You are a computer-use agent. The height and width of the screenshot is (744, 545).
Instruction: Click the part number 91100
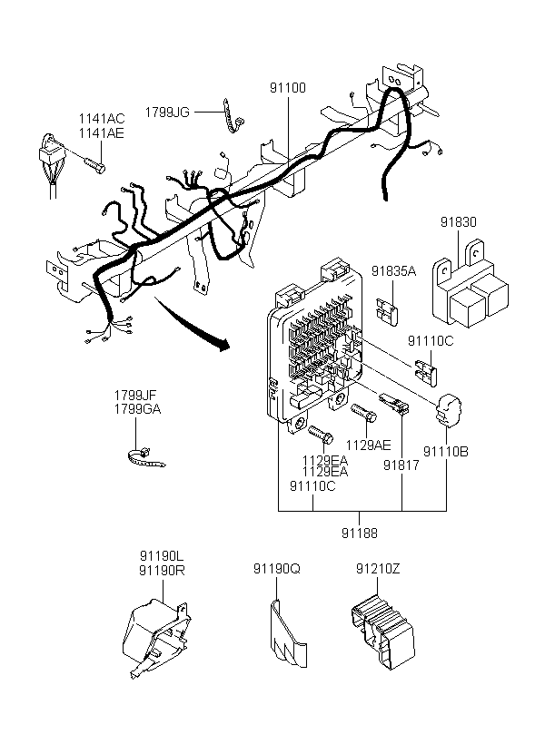coord(288,88)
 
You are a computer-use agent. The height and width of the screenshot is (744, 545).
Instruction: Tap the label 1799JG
coord(167,113)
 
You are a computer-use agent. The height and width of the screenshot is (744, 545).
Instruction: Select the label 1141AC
coord(101,119)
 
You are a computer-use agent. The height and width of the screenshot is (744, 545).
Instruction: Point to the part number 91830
coord(458,222)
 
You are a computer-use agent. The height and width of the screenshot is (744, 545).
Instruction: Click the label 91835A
coord(393,271)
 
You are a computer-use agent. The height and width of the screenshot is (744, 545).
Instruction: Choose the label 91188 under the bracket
coord(359,534)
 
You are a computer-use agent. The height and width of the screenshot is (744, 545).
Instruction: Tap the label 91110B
coord(446,452)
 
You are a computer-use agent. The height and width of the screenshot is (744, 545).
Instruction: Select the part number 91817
coord(401,465)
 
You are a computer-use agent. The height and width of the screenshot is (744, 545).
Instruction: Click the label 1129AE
coord(368,445)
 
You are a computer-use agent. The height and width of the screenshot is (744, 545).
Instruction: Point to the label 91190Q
coord(276,569)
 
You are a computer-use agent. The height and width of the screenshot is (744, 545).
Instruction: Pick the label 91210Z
coord(378,569)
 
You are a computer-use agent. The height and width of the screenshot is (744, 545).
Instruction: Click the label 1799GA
coord(137,409)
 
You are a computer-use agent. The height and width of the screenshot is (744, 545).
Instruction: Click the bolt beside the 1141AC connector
coord(95,165)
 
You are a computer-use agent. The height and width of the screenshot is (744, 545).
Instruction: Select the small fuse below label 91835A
coord(388,311)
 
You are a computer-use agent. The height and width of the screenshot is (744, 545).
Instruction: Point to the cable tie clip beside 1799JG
coord(233,116)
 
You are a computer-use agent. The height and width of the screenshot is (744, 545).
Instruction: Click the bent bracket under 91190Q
coord(289,633)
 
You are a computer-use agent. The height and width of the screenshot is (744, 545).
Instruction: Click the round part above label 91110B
coord(448,409)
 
